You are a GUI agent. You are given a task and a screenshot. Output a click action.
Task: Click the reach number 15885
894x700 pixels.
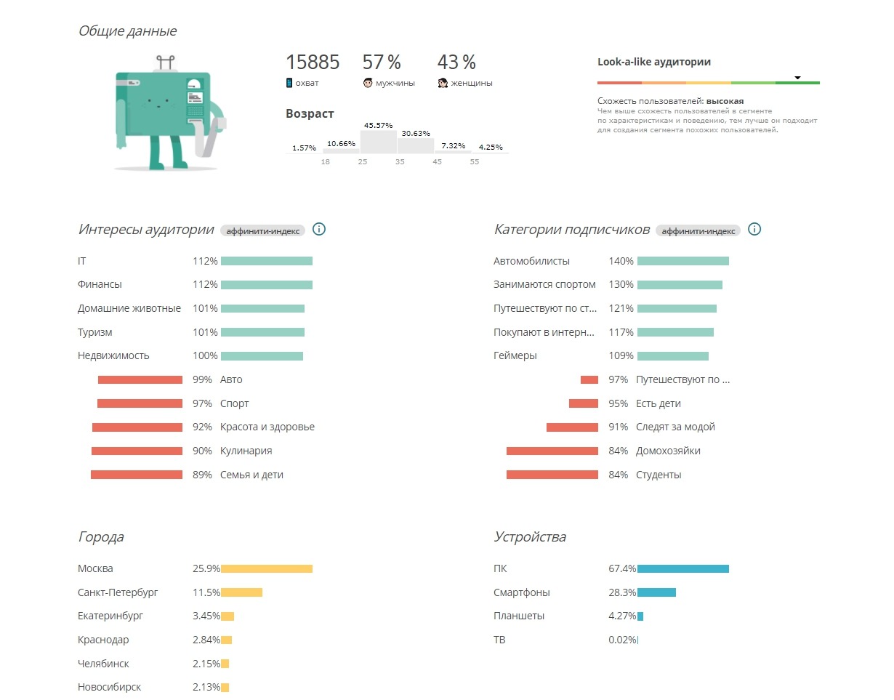point(313,63)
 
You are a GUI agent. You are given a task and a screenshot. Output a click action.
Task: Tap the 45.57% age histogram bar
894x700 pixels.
point(378,141)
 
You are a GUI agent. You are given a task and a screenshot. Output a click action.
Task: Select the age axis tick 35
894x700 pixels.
point(400,161)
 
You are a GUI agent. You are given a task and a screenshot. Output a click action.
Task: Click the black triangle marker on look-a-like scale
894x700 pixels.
point(797,78)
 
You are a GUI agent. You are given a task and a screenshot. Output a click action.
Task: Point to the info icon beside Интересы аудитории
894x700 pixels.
point(318,230)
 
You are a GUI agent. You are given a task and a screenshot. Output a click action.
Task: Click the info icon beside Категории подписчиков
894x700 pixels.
point(754,230)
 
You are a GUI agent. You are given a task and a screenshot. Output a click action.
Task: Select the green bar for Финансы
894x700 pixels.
point(266,285)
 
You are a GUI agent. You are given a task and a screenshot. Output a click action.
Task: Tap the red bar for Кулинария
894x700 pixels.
point(137,451)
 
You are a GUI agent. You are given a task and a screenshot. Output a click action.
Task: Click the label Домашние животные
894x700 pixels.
point(129,308)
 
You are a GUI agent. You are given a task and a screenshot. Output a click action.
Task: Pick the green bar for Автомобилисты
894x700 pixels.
point(682,261)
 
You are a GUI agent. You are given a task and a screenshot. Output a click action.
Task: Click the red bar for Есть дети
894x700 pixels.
point(583,403)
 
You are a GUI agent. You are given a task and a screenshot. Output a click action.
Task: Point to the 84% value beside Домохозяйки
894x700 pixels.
point(619,451)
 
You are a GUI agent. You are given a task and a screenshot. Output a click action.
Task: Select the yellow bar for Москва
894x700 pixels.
point(266,569)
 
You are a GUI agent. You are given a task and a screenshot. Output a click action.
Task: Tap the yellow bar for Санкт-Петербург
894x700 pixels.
point(241,593)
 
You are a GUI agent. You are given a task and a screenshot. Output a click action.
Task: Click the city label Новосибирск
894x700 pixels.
point(109,687)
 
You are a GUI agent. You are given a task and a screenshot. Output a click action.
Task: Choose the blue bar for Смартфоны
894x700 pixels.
point(656,593)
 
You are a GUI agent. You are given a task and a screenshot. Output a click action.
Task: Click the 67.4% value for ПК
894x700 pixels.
point(622,569)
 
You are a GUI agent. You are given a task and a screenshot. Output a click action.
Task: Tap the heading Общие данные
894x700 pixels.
point(127,31)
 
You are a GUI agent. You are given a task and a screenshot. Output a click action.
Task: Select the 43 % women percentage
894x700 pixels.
point(456,63)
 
